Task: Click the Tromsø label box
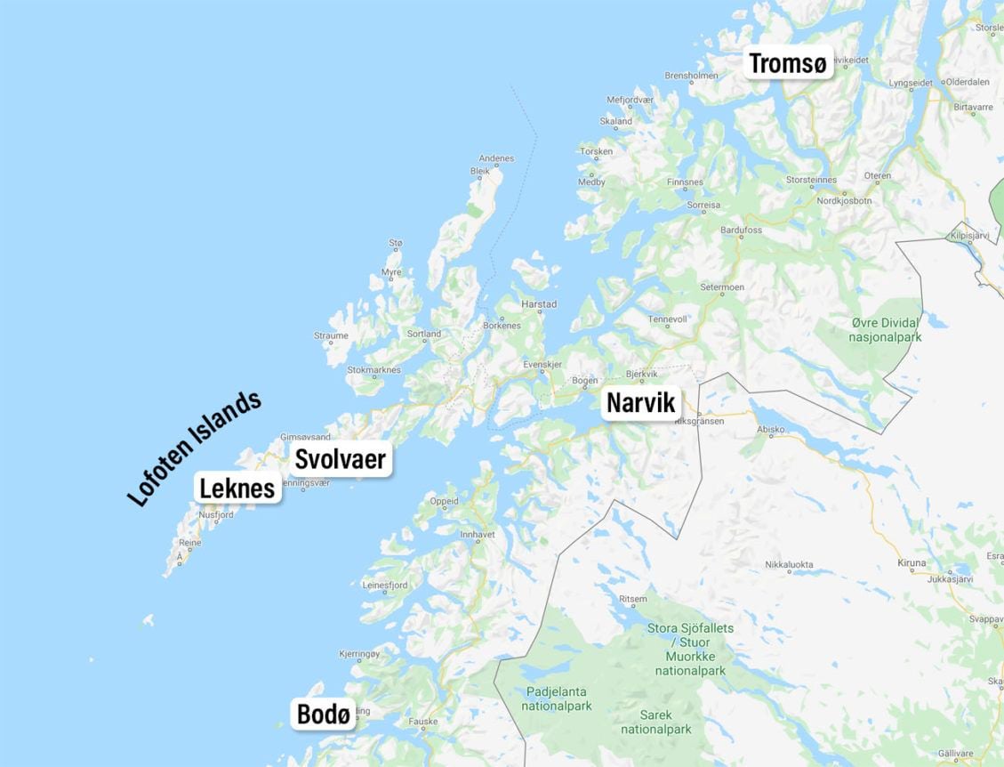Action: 788,63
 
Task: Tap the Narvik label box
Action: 641,403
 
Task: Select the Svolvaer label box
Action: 340,459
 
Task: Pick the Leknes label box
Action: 237,488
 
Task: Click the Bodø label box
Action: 323,714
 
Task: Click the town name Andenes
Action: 496,158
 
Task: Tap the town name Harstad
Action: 539,304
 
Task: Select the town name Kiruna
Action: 912,563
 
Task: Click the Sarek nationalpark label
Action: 656,722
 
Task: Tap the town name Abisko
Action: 770,429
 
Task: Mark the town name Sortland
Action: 423,334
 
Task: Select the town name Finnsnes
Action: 685,182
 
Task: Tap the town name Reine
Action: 189,542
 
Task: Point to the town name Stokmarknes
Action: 373,369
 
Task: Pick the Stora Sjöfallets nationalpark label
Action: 690,649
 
